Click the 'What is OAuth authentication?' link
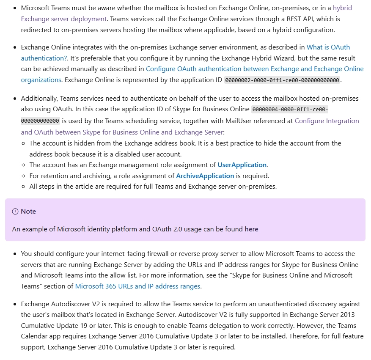pos(328,47)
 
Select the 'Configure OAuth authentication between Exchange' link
pos(254,69)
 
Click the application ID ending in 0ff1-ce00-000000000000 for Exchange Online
pos(282,80)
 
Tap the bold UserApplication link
pos(242,165)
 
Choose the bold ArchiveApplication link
pos(205,176)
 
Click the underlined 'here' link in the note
pos(251,229)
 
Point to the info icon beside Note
pos(15,212)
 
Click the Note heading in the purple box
pos(28,212)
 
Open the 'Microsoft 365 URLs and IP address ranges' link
pos(137,286)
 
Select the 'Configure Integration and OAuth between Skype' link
pos(327,121)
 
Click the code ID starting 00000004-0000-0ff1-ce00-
pos(290,110)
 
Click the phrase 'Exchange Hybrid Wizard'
pos(269,58)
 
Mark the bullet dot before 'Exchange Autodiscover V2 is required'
pos(15,304)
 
